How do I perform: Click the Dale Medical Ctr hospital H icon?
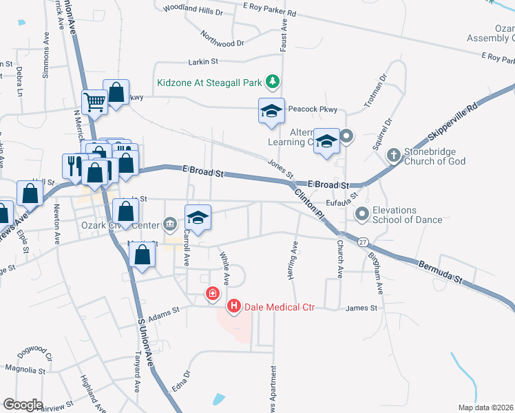[x=234, y=306]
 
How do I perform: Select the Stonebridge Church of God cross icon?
[x=393, y=156]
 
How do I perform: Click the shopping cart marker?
[x=94, y=103]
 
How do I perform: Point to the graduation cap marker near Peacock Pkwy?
[x=271, y=110]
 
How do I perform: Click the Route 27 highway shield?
[x=363, y=242]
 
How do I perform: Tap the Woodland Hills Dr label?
[x=193, y=11]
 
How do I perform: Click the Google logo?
[x=23, y=404]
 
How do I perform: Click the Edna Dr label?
[x=180, y=388]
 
